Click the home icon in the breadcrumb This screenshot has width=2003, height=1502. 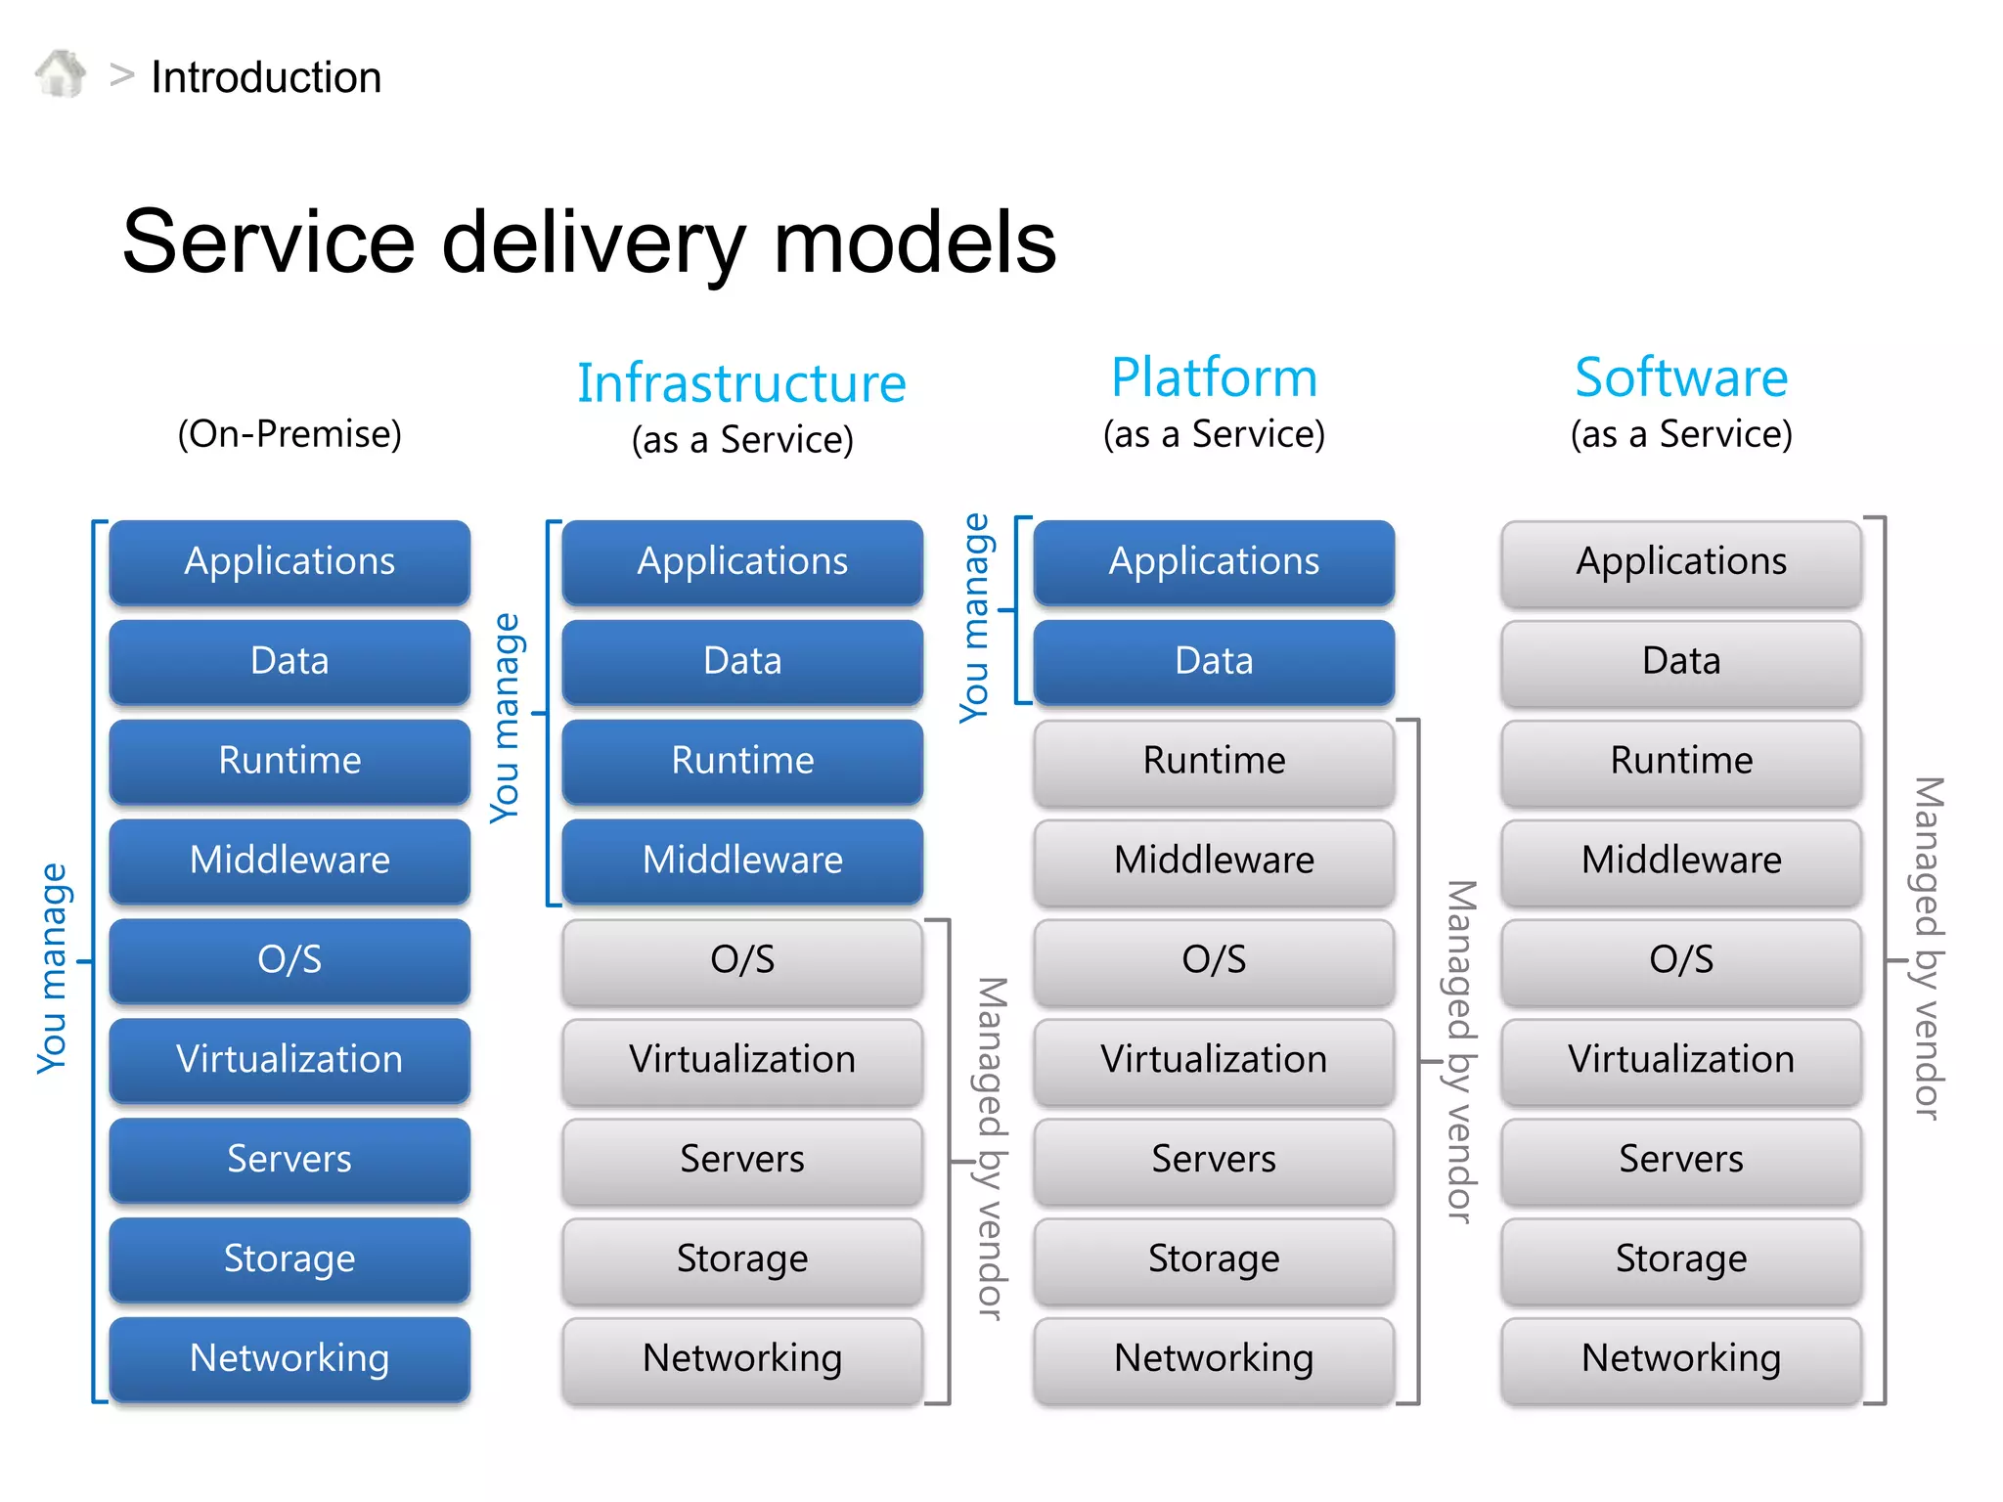click(61, 74)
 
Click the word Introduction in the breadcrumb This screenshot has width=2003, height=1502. click(266, 77)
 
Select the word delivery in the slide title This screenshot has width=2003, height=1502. click(595, 243)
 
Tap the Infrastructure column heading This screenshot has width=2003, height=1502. click(741, 382)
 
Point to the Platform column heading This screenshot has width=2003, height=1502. click(1214, 377)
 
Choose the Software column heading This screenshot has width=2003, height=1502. click(1680, 377)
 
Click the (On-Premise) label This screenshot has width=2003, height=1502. click(289, 433)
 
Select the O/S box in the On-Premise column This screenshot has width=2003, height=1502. click(289, 959)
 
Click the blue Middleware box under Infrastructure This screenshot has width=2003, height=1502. click(742, 860)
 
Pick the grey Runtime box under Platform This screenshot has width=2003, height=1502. click(1214, 761)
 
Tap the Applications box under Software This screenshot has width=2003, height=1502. click(1680, 561)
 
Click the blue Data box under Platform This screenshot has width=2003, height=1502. click(1214, 661)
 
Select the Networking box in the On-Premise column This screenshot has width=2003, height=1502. click(289, 1357)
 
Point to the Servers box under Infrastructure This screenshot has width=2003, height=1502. click(742, 1159)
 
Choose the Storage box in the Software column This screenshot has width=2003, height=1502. click(1680, 1259)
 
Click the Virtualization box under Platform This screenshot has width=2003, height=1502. click(1214, 1059)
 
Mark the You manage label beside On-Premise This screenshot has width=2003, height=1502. click(52, 968)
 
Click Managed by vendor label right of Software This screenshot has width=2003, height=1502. click(1928, 949)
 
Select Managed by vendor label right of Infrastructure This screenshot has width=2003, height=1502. click(992, 1149)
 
